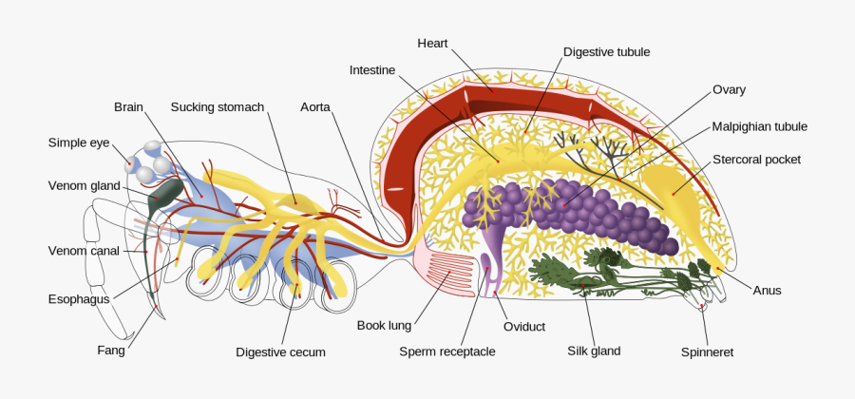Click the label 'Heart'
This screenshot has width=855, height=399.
(432, 43)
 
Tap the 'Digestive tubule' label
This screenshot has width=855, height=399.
(606, 52)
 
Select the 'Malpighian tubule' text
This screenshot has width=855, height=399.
(760, 126)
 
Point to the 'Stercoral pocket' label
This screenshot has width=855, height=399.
(756, 160)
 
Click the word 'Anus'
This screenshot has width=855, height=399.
(767, 291)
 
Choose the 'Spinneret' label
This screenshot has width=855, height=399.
(707, 352)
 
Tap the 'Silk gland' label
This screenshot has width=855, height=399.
(594, 351)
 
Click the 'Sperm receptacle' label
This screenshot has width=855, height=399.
(446, 352)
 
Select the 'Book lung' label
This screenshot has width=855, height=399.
(384, 326)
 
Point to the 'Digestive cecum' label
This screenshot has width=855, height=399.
(280, 352)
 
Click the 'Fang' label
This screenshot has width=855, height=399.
(110, 350)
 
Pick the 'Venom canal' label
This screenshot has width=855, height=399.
(84, 251)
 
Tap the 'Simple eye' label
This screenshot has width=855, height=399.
(79, 142)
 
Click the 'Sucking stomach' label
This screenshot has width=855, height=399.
(217, 107)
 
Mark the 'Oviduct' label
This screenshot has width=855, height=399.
(524, 327)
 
